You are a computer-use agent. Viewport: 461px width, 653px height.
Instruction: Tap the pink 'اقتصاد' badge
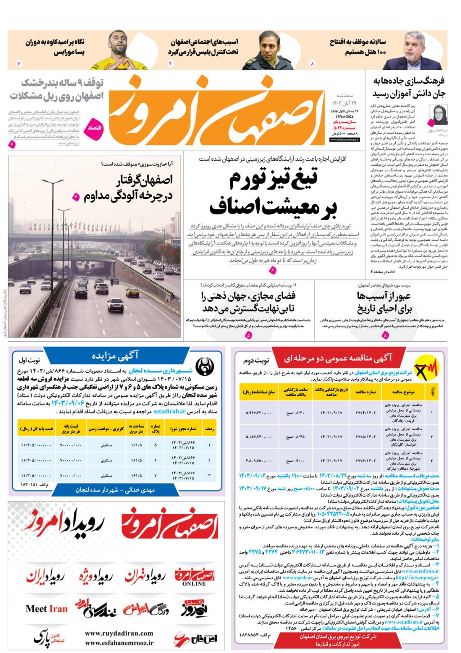pyautogui.click(x=95, y=128)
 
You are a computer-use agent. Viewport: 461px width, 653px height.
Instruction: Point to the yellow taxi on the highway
pyautogui.click(x=132, y=293)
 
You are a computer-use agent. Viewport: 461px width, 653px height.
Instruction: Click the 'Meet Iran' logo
pyautogui.click(x=46, y=609)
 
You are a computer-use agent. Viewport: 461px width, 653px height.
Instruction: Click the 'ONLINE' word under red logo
pyautogui.click(x=194, y=584)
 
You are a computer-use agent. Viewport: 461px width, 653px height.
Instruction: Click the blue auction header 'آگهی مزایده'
pyautogui.click(x=115, y=356)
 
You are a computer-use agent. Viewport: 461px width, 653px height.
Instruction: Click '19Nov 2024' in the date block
pyautogui.click(x=345, y=117)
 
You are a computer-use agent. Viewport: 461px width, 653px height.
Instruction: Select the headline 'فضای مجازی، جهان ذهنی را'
pyautogui.click(x=249, y=296)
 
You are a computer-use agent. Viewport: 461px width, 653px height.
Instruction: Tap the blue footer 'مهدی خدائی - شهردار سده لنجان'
pyautogui.click(x=115, y=490)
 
